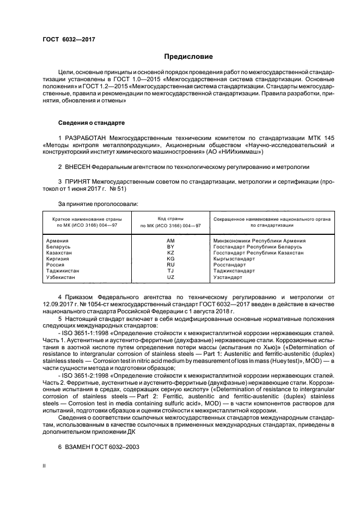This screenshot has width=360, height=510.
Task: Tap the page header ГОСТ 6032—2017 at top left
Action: (65, 39)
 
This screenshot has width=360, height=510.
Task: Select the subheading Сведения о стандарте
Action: (91, 123)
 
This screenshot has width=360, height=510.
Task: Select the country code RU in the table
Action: (170, 264)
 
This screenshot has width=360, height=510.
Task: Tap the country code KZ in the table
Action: (170, 253)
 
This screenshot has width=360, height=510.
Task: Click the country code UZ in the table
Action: (170, 277)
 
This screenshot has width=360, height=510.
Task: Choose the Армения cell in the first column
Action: (58, 241)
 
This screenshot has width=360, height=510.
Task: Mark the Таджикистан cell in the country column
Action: (63, 271)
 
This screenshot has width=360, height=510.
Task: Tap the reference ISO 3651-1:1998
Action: (87, 331)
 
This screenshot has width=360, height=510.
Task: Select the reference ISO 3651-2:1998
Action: (87, 376)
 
